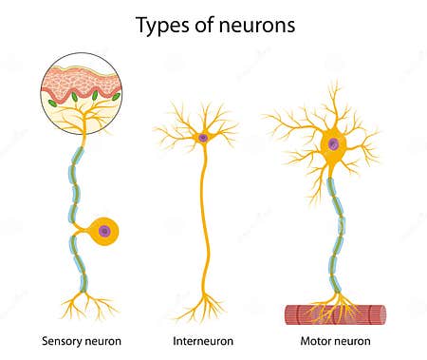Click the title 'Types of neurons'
click(x=215, y=26)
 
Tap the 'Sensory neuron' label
click(x=82, y=339)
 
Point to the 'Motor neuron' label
click(x=333, y=339)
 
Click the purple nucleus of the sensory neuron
click(x=104, y=230)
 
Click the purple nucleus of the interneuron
click(x=202, y=138)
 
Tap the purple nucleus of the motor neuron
click(x=332, y=145)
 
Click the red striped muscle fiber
click(x=335, y=314)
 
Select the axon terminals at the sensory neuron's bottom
click(x=83, y=304)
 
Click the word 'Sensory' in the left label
click(x=61, y=339)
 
